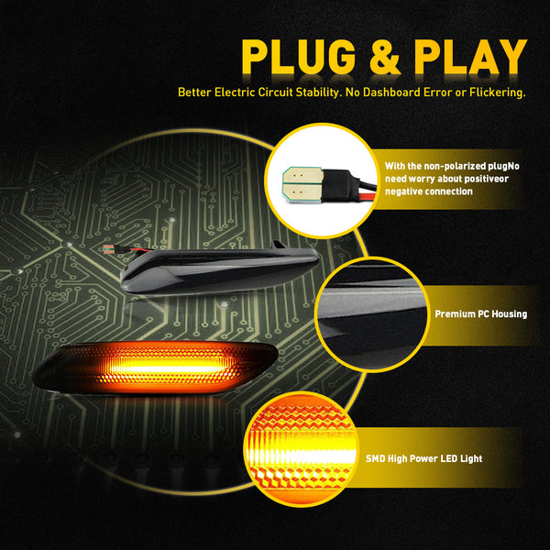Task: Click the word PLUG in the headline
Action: [299, 57]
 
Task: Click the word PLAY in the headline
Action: [470, 57]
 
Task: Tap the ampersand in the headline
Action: [384, 57]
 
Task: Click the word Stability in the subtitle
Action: [319, 93]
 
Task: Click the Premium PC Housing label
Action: [481, 313]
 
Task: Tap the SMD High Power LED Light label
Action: [424, 458]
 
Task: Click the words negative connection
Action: [429, 192]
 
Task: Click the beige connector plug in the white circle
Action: [303, 184]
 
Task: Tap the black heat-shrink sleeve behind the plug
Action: [339, 184]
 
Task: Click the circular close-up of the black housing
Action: [372, 314]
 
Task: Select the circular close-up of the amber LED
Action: [301, 449]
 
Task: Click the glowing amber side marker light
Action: [155, 367]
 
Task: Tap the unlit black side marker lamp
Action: [220, 269]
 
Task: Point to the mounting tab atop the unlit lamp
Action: [279, 245]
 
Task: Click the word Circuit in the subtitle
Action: [275, 93]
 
